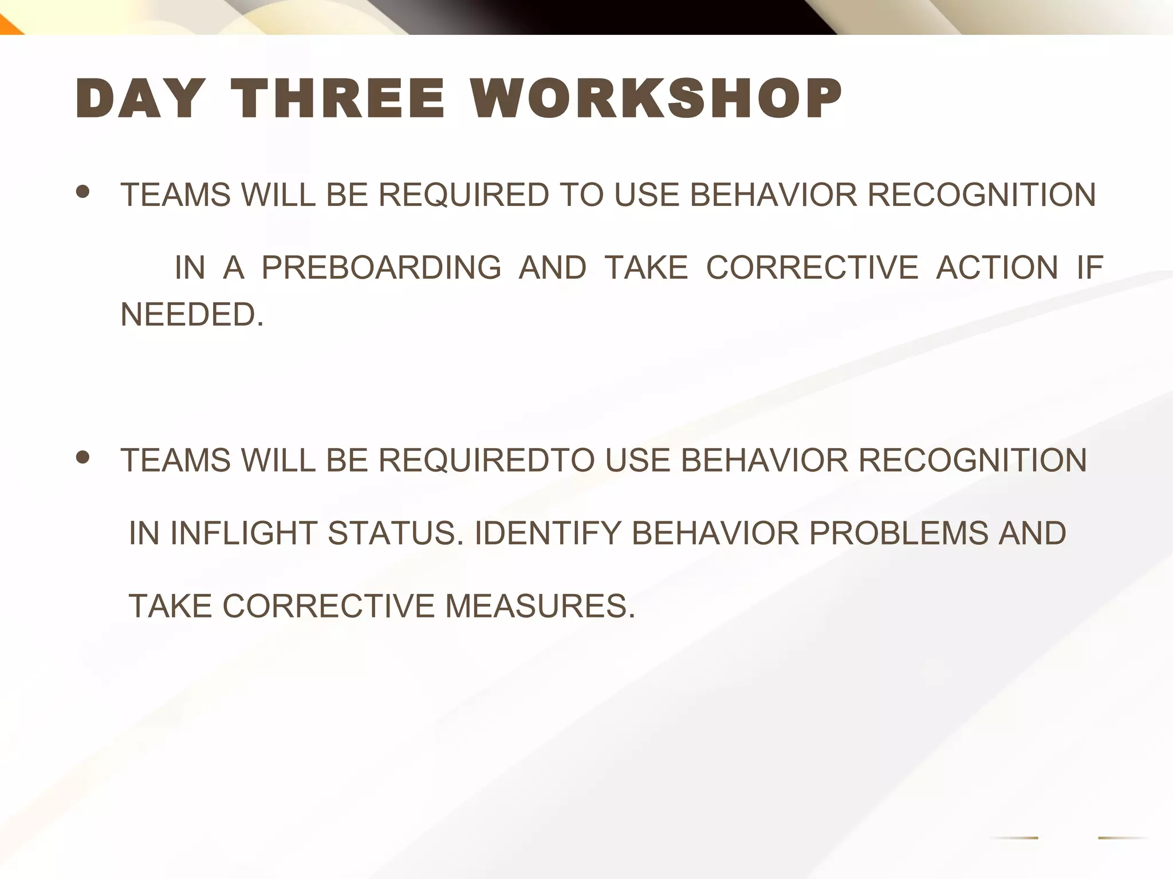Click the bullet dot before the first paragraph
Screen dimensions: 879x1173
tap(83, 192)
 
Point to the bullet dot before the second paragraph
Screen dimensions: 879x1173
tap(83, 457)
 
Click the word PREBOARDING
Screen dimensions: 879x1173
tap(381, 267)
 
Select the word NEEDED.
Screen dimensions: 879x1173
tap(192, 314)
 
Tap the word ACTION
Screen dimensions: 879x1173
tap(997, 267)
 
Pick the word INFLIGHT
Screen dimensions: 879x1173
tap(243, 533)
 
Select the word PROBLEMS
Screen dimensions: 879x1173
tap(898, 533)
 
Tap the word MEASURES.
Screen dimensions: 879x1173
tap(540, 606)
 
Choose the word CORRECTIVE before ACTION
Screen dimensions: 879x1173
tap(812, 267)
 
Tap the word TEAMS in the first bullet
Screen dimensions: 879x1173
tap(175, 195)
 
